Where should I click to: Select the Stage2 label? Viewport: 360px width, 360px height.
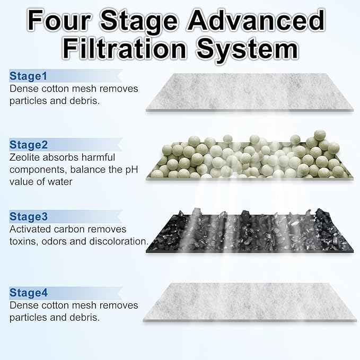tap(29, 145)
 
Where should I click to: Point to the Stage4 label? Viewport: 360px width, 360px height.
tap(29, 293)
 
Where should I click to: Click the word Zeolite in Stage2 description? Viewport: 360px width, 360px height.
tap(27, 157)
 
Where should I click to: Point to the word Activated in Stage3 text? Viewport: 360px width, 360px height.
tap(31, 229)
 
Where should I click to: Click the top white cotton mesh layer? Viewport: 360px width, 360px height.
tap(249, 91)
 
